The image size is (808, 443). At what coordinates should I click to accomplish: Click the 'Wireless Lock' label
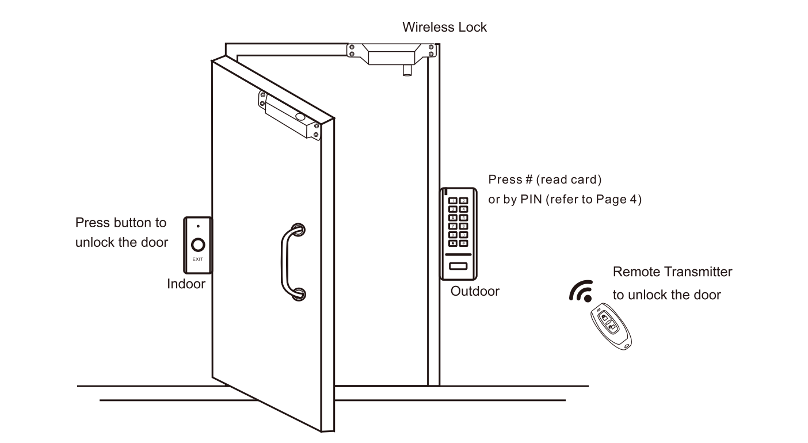tap(444, 27)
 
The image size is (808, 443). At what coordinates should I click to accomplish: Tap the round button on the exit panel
tap(197, 246)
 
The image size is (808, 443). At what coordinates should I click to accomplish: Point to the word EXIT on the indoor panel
tap(197, 260)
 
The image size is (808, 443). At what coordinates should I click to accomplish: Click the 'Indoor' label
tap(186, 284)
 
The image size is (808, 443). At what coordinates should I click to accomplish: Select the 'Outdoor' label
tap(475, 291)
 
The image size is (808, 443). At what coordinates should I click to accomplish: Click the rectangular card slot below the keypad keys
tap(458, 266)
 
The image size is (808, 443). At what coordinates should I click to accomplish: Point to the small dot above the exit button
tap(197, 226)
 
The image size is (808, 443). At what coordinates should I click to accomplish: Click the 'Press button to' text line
tap(121, 223)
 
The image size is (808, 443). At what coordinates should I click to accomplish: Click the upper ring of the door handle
tap(298, 230)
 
